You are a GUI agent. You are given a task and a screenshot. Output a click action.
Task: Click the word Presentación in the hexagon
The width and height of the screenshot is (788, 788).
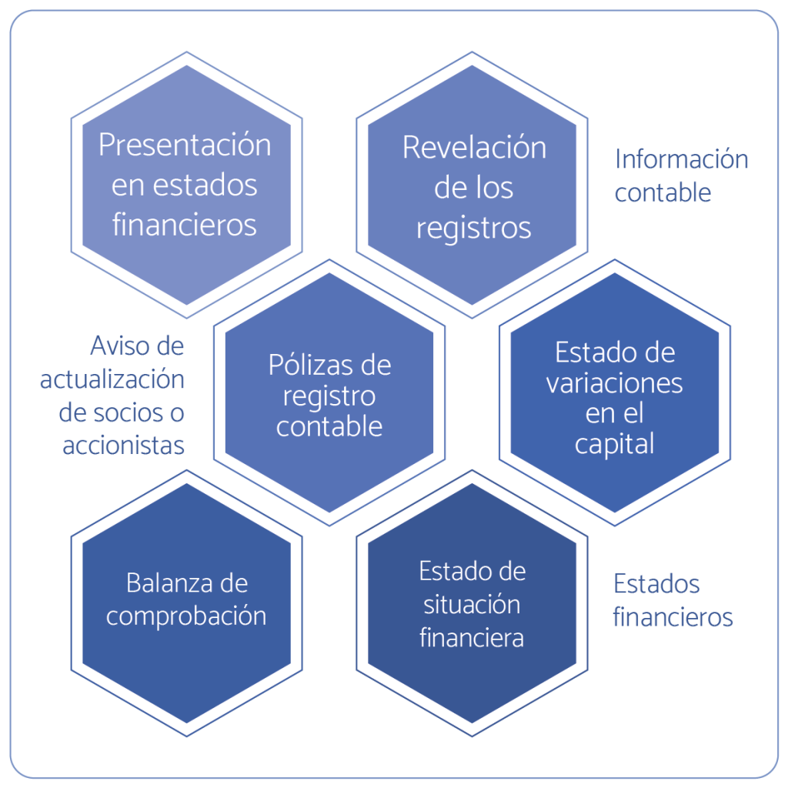point(185,145)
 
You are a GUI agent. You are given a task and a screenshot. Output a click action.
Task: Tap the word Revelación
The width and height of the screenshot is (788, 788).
point(474,148)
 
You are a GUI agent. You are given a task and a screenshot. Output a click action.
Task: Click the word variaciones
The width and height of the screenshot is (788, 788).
point(614,382)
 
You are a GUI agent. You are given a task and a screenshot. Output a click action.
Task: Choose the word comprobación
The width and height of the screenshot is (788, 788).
point(186,616)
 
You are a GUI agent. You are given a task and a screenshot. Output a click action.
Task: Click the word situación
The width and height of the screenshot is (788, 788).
point(472,604)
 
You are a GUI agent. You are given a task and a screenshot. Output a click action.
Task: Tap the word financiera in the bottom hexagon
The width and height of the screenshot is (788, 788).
point(472,637)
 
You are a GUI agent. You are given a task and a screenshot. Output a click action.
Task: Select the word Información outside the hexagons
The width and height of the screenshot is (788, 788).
point(681,159)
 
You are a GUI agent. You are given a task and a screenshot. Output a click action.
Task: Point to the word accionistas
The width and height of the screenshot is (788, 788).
point(123,445)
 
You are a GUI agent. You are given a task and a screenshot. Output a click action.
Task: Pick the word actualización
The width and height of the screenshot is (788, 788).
point(112,379)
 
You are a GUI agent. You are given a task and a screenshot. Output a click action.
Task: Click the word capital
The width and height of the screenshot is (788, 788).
point(614,444)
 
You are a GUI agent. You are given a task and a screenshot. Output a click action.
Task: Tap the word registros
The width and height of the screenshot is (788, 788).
point(474,228)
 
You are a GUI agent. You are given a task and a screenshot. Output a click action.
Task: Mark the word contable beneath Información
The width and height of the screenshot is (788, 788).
point(663,192)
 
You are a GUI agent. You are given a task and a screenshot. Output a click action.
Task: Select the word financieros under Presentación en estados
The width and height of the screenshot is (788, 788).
point(185,225)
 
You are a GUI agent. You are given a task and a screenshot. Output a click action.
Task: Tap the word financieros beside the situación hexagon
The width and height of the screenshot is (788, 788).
point(673,617)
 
